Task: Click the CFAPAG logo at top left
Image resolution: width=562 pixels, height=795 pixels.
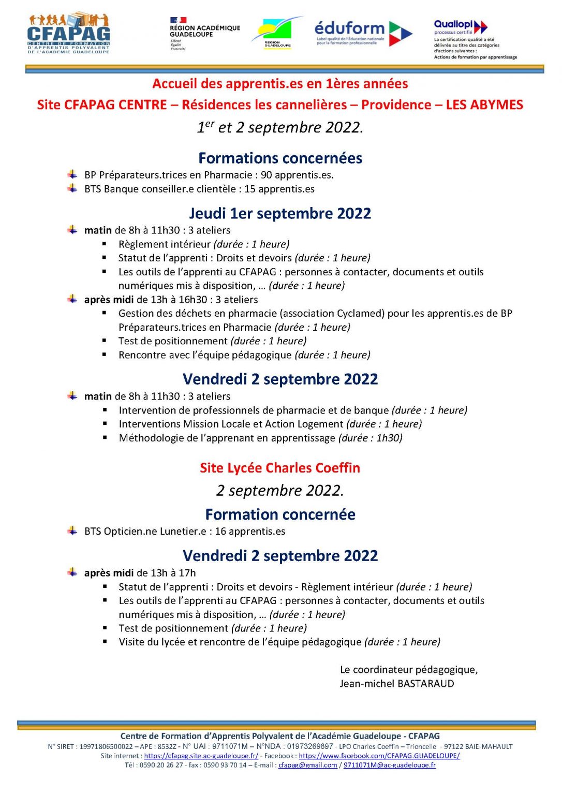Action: pos(68,33)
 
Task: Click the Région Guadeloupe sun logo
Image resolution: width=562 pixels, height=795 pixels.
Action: pos(277,32)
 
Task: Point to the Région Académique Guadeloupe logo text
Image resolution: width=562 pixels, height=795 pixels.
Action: pos(204,31)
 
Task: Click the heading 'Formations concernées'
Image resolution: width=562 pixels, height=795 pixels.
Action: pos(280,158)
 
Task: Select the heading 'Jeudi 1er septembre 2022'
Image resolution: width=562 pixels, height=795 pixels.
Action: pos(280,213)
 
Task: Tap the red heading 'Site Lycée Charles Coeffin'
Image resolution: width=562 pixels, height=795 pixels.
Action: pos(280,468)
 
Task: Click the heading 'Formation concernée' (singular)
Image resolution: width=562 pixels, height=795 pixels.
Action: pos(280,514)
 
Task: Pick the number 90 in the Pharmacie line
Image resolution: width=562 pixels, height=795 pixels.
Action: pos(267,175)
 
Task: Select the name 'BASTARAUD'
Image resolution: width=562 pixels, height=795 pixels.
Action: pos(426,684)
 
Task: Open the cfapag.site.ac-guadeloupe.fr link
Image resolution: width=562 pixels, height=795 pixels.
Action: pos(201,756)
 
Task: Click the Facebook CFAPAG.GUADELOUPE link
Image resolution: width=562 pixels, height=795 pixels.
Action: pos(379,756)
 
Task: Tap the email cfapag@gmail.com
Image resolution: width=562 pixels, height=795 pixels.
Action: pos(307,765)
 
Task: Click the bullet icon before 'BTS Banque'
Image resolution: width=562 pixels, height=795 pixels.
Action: pos(72,189)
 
